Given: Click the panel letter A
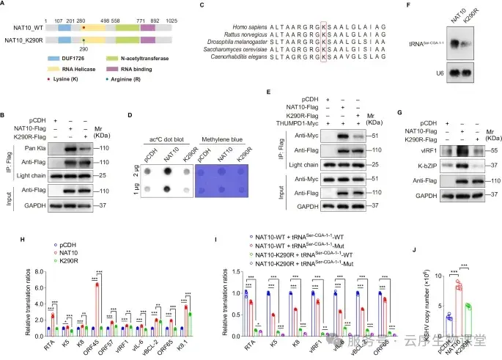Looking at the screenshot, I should [5, 5].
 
